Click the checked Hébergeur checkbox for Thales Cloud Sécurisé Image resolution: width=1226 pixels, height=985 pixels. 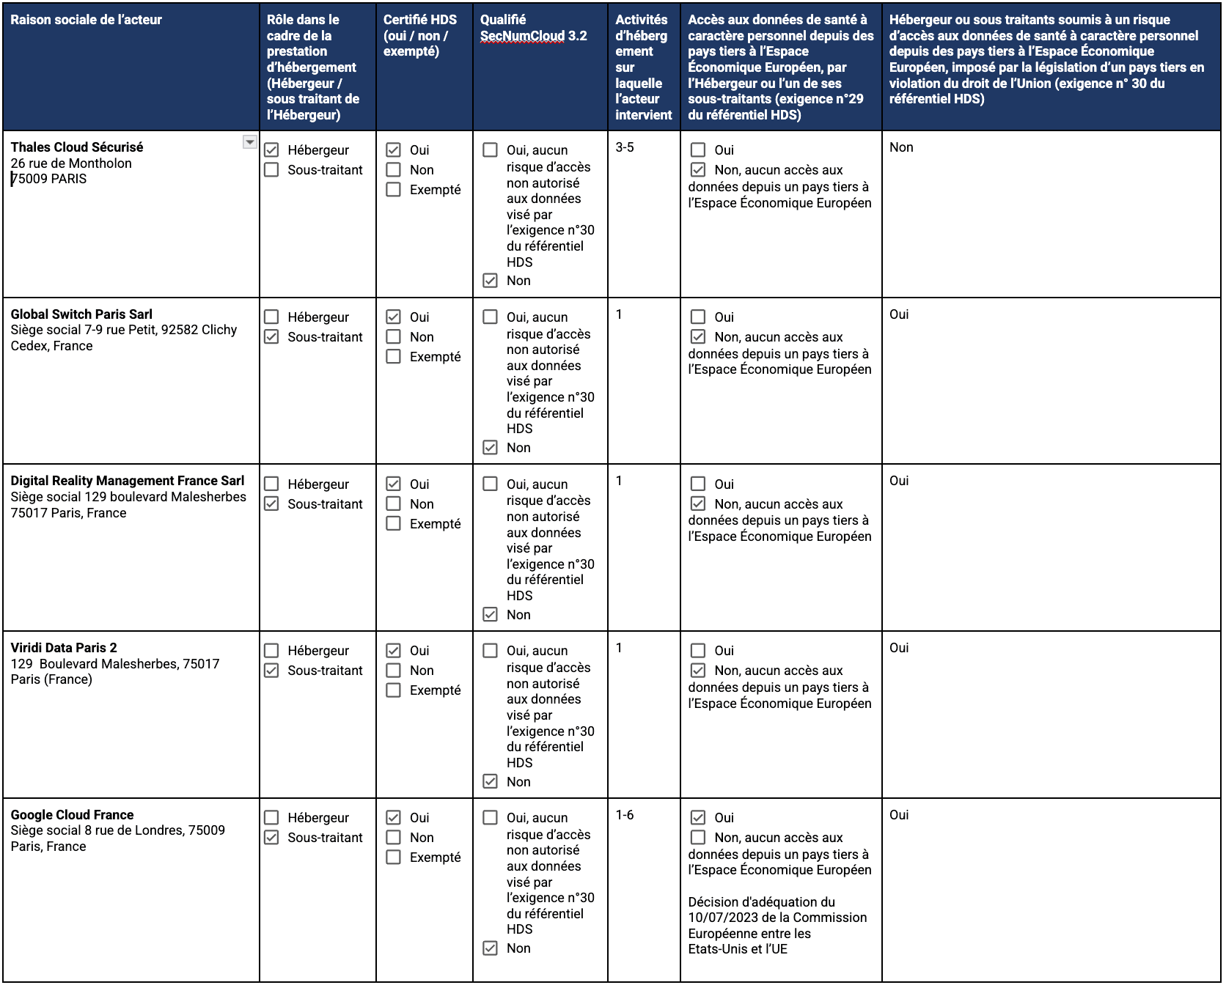pyautogui.click(x=271, y=150)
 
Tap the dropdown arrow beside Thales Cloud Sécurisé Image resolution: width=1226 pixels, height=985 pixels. pyautogui.click(x=250, y=142)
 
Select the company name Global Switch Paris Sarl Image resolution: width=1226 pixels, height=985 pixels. pyautogui.click(x=81, y=314)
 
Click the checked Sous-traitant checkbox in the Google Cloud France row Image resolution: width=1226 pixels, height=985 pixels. pyautogui.click(x=271, y=838)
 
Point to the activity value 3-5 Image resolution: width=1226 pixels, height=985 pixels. pyautogui.click(x=625, y=147)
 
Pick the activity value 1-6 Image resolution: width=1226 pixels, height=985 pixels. pyautogui.click(x=625, y=815)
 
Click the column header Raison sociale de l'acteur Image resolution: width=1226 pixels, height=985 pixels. pyautogui.click(x=87, y=20)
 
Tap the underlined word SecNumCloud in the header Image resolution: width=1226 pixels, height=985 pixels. pyautogui.click(x=523, y=36)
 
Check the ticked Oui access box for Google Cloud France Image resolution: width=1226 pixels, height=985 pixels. pyautogui.click(x=698, y=818)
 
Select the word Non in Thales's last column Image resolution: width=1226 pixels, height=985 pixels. pyautogui.click(x=901, y=147)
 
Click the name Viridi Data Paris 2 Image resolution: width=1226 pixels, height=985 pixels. pyautogui.click(x=64, y=648)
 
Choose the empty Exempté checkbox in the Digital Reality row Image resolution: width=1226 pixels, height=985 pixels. pyautogui.click(x=394, y=523)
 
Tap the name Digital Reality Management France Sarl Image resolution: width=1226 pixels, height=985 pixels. pyautogui.click(x=128, y=481)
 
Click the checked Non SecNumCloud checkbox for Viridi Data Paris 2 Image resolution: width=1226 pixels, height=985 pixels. pyautogui.click(x=491, y=782)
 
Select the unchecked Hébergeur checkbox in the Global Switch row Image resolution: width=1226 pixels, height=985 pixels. pyautogui.click(x=271, y=317)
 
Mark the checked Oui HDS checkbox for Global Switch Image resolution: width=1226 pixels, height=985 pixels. pyautogui.click(x=394, y=317)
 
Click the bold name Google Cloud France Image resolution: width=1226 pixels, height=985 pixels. pyautogui.click(x=72, y=815)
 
